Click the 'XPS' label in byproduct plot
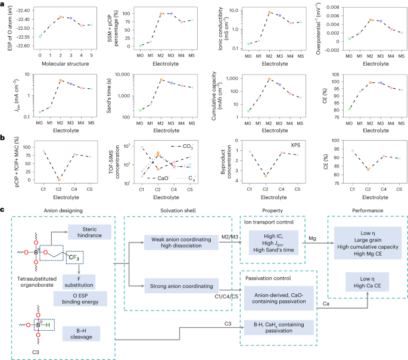pos(295,145)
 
